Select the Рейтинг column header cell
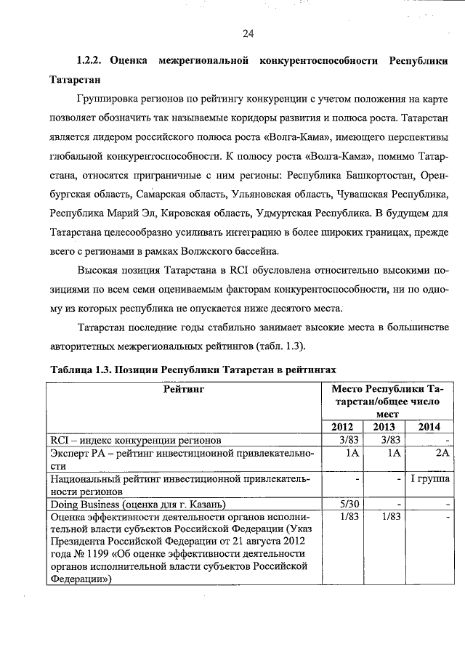coord(183,389)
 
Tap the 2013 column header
coord(384,426)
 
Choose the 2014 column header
coord(429,426)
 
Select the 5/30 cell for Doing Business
coord(345,504)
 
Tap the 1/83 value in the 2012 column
coord(345,517)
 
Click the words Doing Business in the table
coord(82,504)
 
